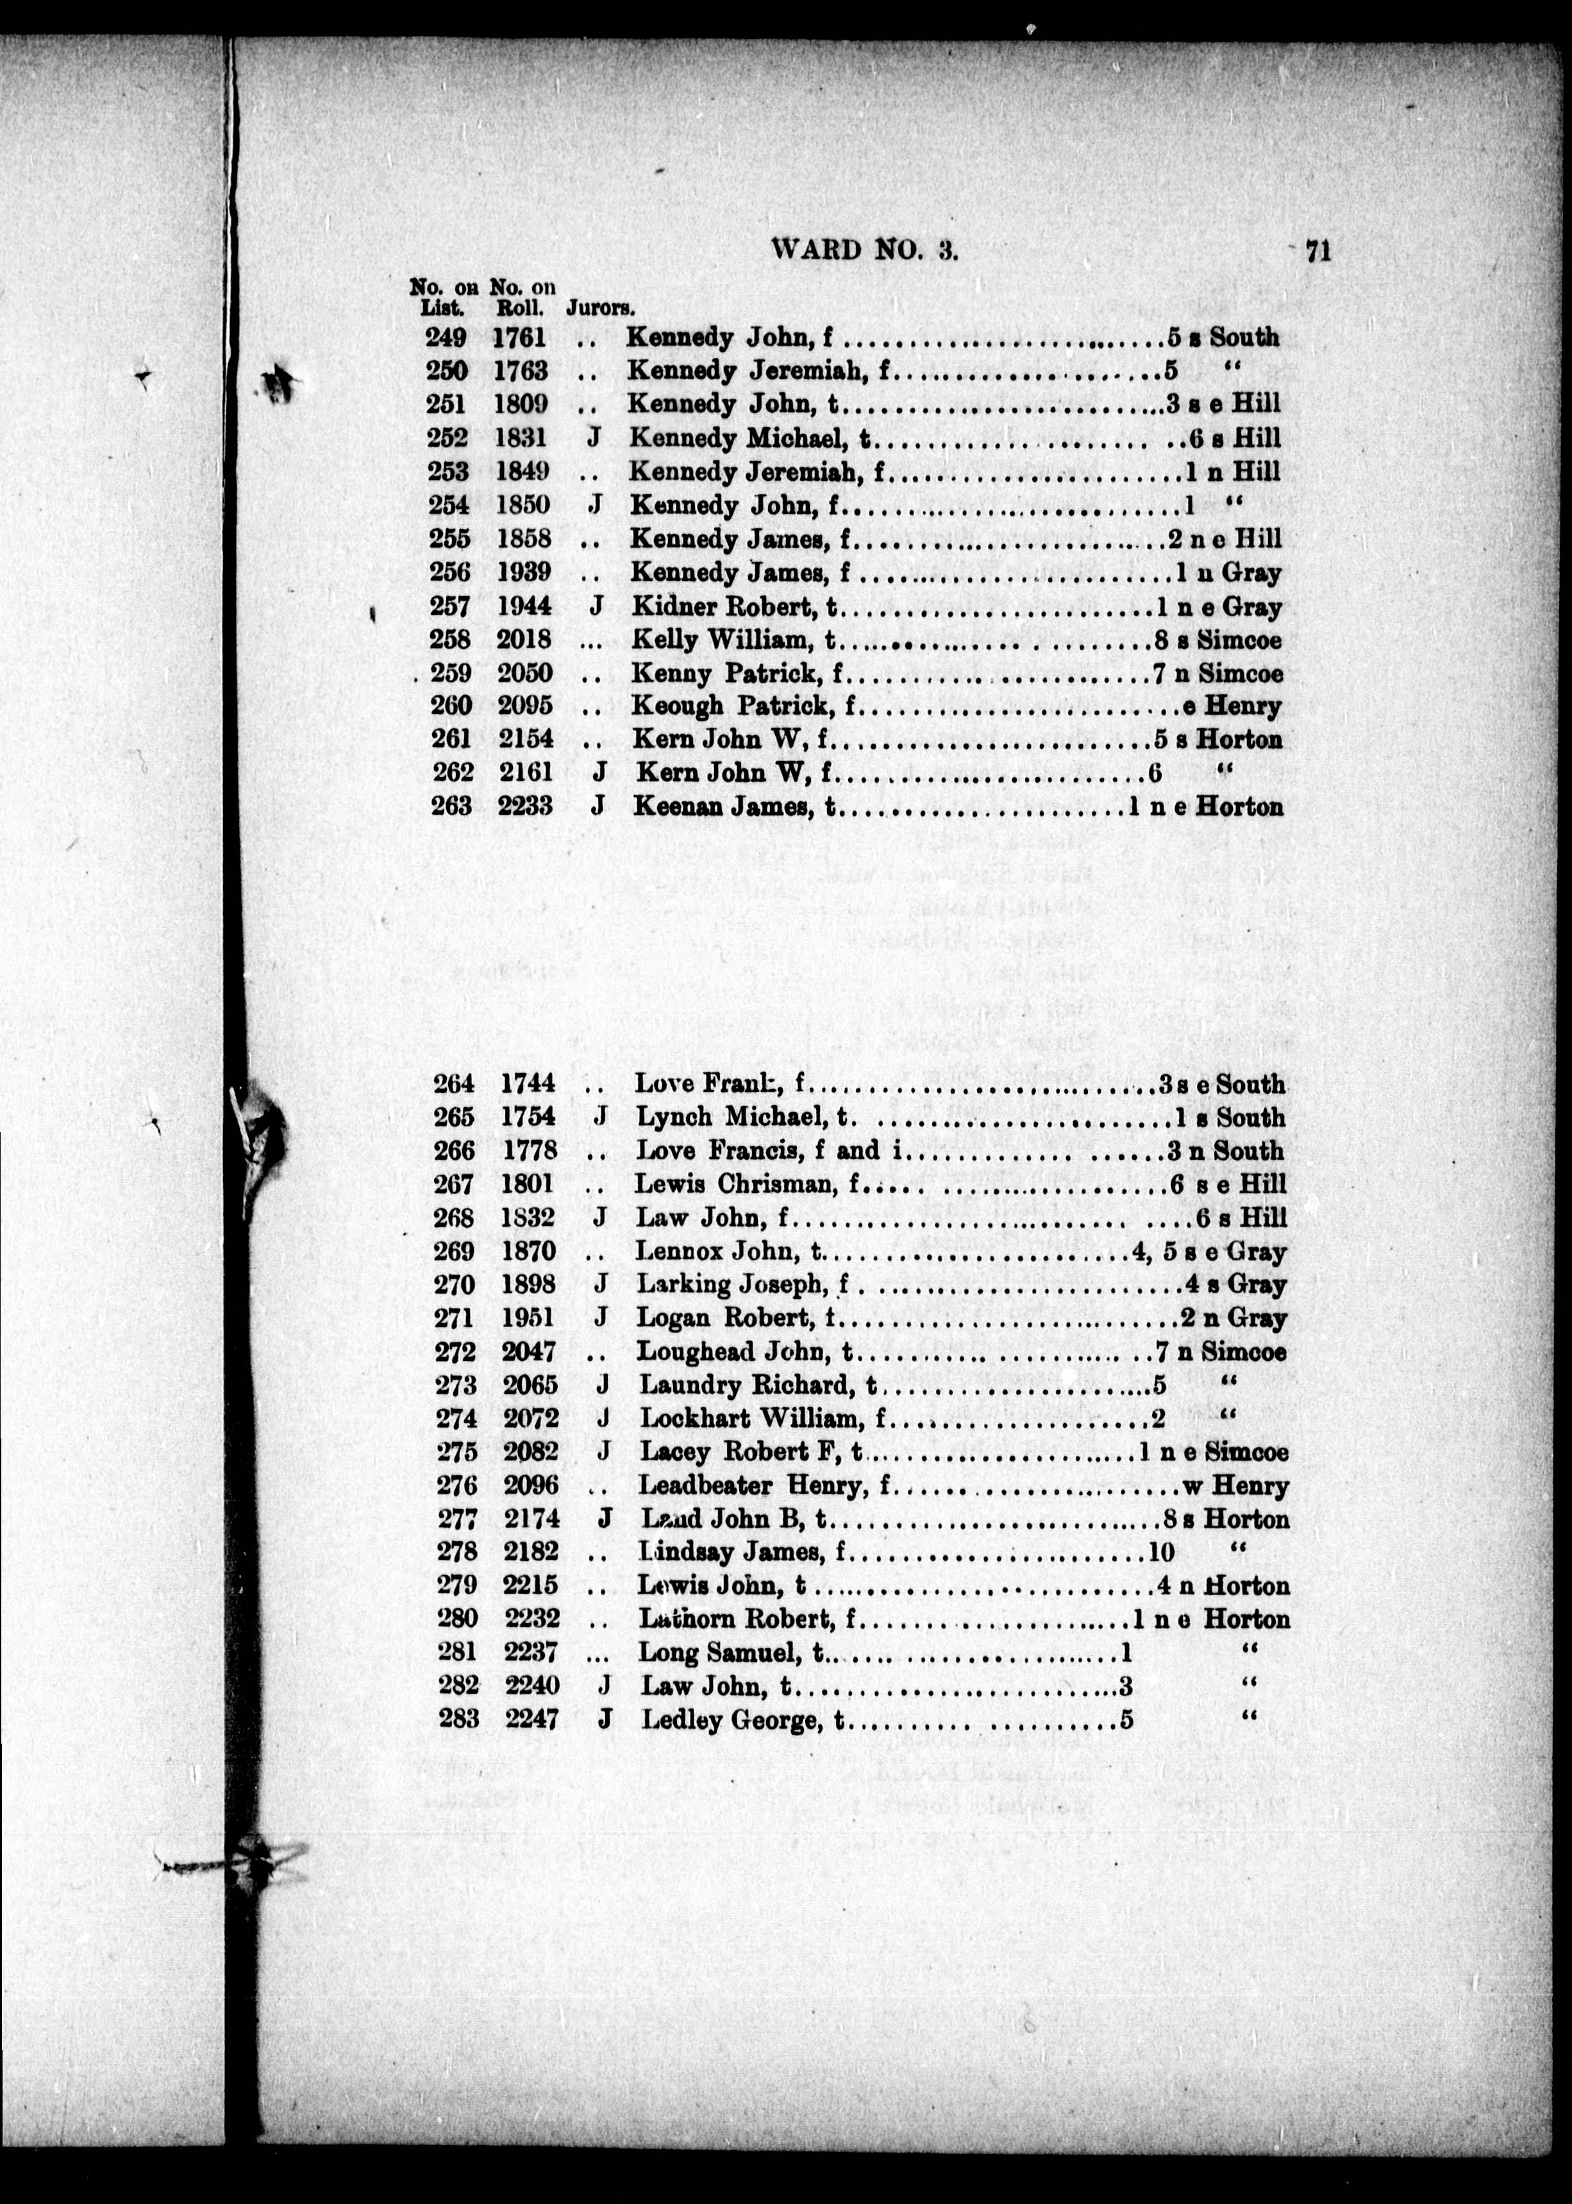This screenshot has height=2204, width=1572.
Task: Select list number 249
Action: point(446,338)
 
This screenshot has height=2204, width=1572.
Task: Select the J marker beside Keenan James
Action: point(598,805)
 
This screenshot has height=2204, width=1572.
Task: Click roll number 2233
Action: point(526,805)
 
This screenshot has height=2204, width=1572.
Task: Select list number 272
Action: point(455,1351)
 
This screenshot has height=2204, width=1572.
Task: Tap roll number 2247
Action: point(531,1719)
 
